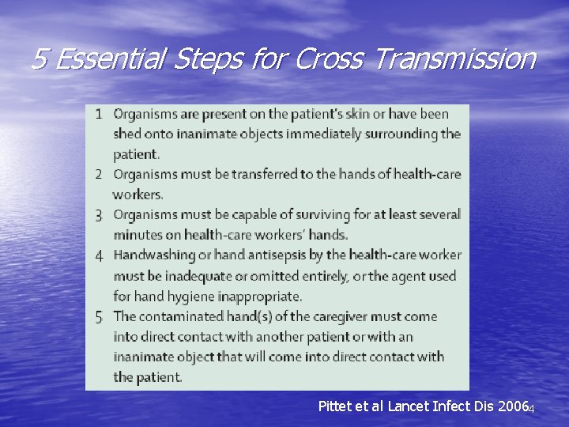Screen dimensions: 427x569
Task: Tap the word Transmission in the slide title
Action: pos(458,59)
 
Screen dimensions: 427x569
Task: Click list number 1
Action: pos(99,114)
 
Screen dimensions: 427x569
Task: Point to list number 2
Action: pos(99,174)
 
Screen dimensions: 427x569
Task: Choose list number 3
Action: pos(99,214)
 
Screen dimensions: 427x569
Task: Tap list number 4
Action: pos(99,255)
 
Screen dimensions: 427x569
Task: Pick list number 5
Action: pos(99,316)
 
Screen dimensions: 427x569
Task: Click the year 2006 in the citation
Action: pos(511,406)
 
